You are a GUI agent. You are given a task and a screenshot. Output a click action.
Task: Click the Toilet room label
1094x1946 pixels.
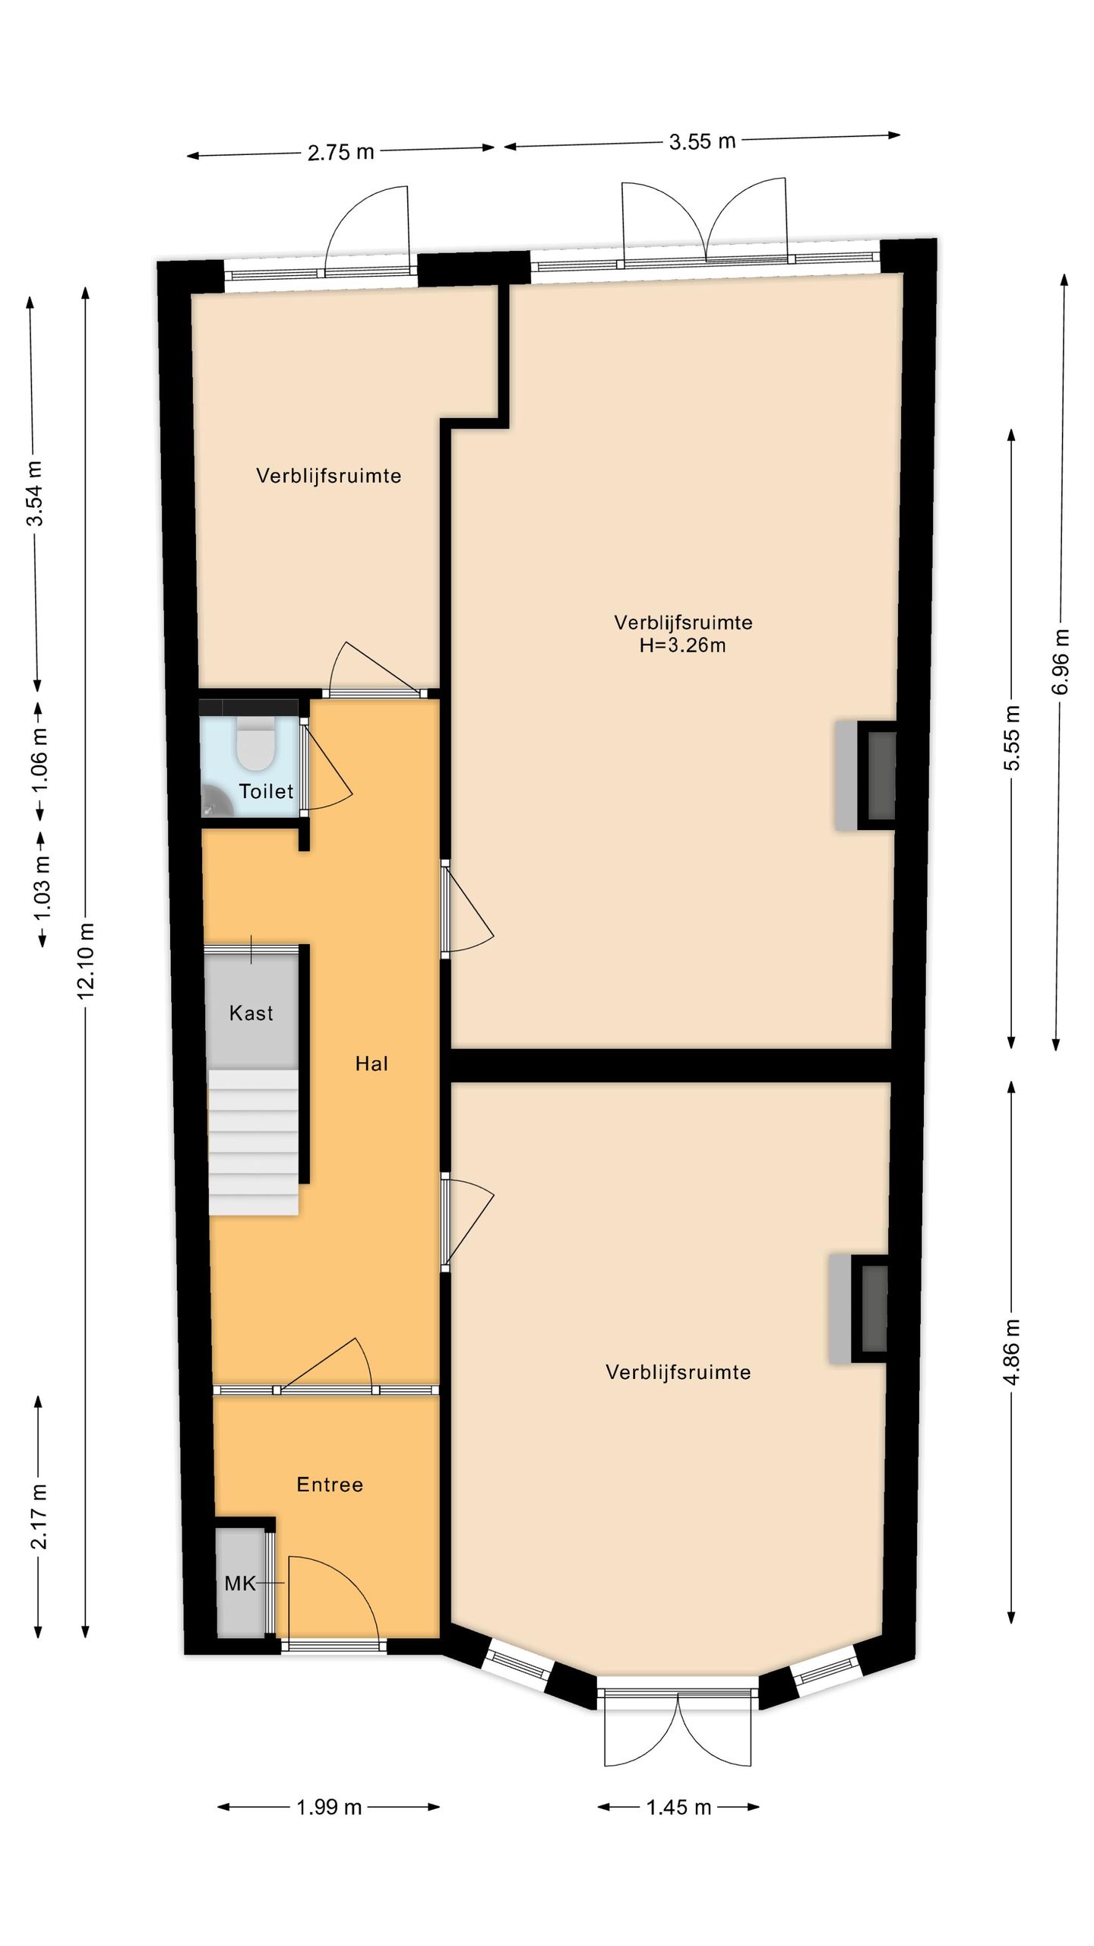(x=266, y=791)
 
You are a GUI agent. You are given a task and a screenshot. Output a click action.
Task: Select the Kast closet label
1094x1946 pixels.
(x=251, y=1013)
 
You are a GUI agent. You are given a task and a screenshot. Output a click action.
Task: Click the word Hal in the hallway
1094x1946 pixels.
(x=372, y=1063)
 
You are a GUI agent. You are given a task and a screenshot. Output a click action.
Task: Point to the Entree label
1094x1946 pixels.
(x=330, y=1484)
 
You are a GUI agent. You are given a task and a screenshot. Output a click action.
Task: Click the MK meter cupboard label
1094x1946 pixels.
(x=240, y=1583)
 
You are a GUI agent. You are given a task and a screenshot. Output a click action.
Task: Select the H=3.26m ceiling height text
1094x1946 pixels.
(x=682, y=645)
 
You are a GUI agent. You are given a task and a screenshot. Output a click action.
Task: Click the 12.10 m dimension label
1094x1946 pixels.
(x=86, y=959)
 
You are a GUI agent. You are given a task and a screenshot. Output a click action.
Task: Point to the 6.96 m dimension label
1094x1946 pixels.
(x=1061, y=661)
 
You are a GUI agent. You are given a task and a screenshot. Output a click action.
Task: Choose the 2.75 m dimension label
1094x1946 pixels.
(x=341, y=153)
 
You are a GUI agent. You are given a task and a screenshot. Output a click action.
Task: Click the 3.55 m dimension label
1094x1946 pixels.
(x=702, y=141)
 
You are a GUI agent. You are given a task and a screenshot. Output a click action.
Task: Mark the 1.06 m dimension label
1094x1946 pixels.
(x=39, y=759)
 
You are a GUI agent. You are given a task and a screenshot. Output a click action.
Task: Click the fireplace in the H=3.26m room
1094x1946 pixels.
(x=866, y=775)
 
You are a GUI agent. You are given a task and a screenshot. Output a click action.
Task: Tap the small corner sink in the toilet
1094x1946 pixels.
(x=214, y=803)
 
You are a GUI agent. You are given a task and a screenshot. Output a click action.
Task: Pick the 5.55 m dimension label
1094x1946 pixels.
(x=1012, y=737)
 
